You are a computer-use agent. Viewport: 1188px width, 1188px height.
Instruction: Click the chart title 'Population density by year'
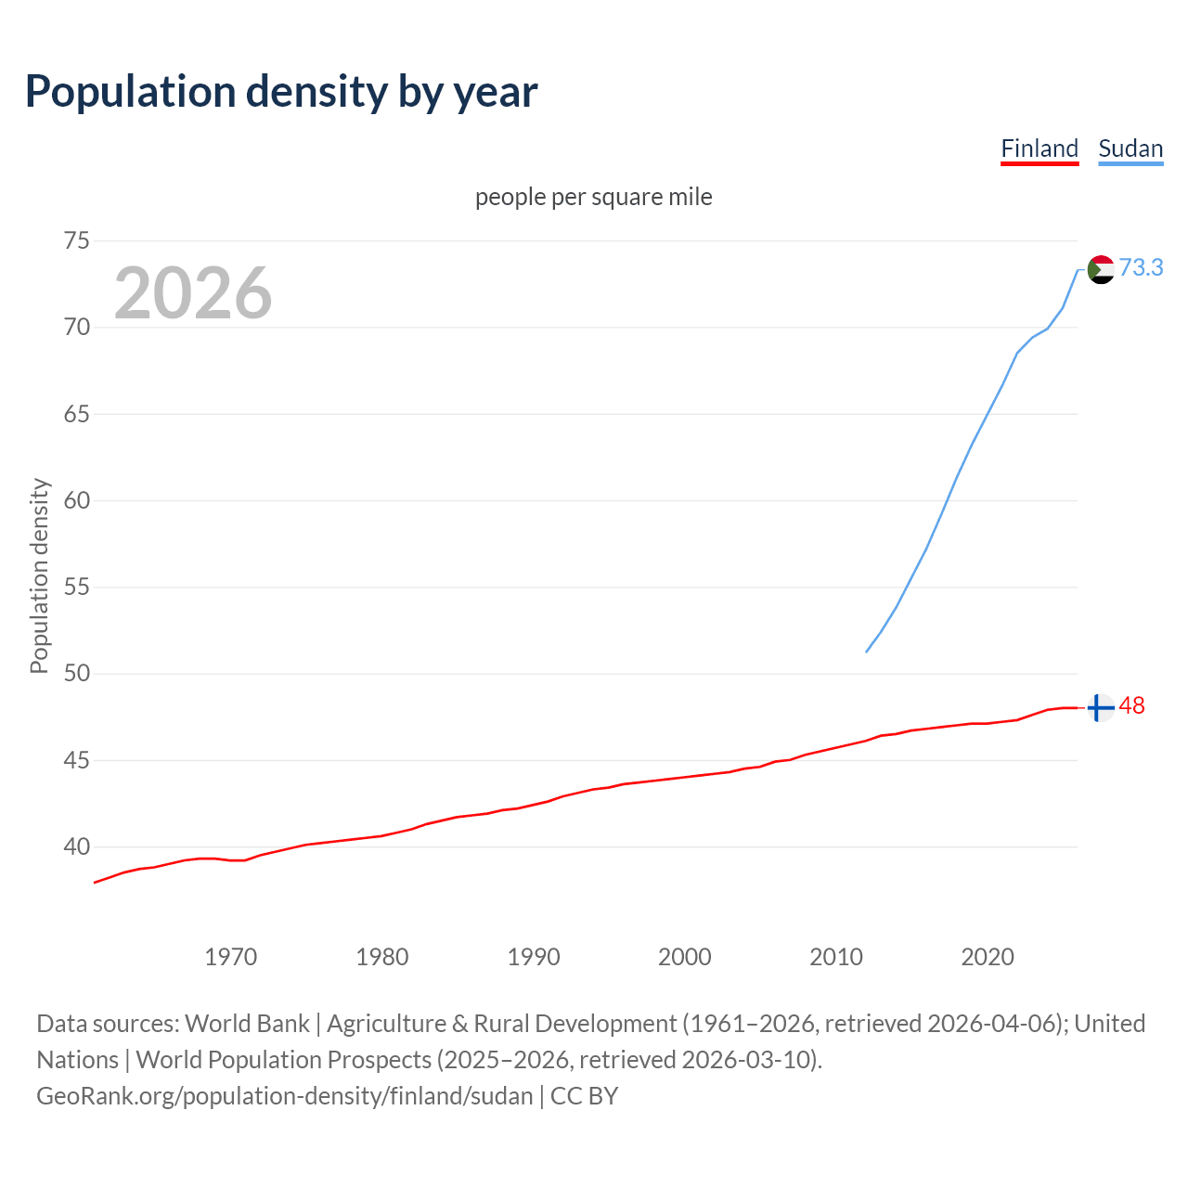tap(281, 91)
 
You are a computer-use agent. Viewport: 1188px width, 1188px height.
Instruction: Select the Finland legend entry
tap(1039, 148)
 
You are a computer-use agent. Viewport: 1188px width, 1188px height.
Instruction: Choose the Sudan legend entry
tap(1130, 148)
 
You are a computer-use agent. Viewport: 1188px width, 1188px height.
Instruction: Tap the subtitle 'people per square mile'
tap(593, 197)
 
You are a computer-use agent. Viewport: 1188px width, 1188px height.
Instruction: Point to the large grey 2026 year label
tap(193, 293)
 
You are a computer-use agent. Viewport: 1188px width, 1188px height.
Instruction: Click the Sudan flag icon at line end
tap(1100, 269)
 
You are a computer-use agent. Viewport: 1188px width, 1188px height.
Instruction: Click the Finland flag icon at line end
tap(1100, 707)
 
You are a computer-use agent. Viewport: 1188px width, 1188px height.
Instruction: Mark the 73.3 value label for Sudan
tap(1141, 267)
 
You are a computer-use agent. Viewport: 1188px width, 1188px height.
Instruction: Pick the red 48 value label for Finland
tap(1131, 706)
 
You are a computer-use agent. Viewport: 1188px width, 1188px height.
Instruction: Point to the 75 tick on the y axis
tap(77, 241)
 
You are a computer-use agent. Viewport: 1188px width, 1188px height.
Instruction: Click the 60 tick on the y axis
tap(77, 501)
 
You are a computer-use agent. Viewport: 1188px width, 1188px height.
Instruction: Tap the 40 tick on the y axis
tap(77, 847)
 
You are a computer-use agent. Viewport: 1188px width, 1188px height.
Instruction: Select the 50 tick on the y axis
tap(77, 674)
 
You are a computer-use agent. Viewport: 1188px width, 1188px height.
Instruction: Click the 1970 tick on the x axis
tap(230, 957)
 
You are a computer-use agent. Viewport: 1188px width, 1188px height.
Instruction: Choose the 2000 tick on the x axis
tap(684, 957)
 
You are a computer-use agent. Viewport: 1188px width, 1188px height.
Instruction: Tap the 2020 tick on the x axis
tap(987, 957)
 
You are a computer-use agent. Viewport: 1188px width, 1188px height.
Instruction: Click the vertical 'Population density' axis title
tap(39, 575)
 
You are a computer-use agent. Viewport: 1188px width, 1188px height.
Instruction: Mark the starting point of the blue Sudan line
tap(866, 652)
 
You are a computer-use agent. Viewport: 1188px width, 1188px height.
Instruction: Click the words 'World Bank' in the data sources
tap(247, 1024)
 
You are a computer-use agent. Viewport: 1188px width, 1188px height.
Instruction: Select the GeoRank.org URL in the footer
tap(285, 1096)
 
